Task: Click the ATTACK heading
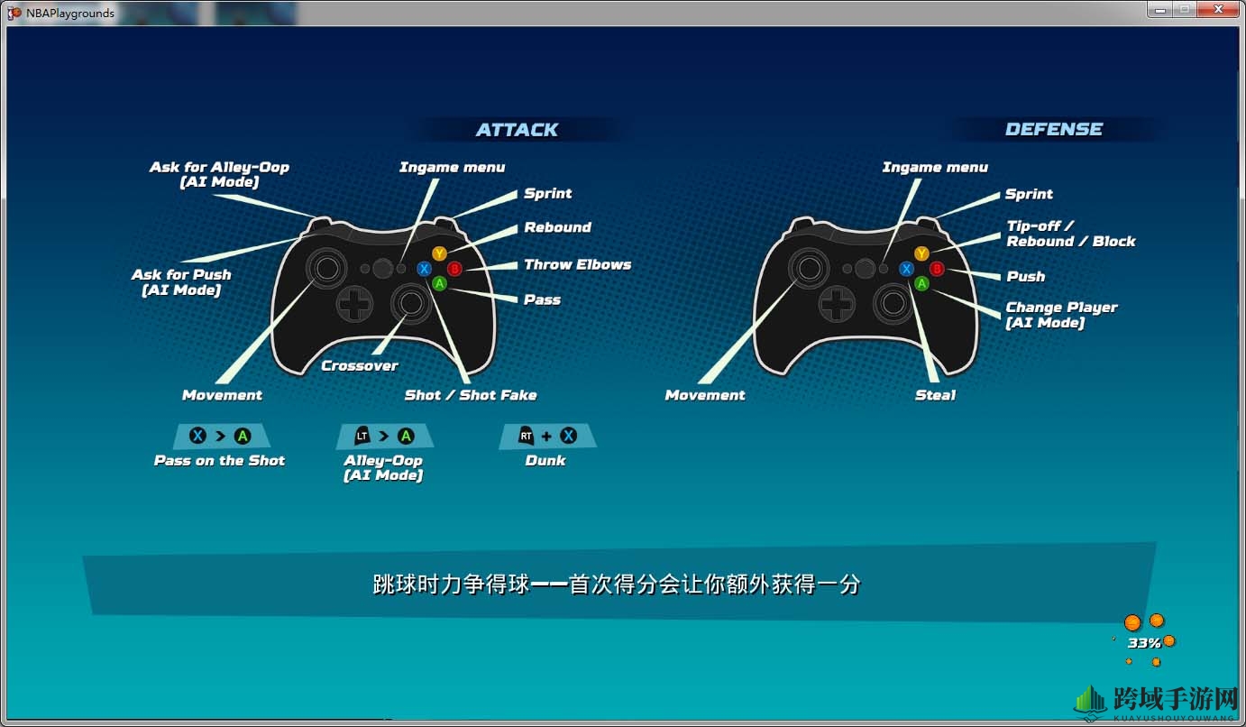pos(517,130)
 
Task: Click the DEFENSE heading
pos(1054,129)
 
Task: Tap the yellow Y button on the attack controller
pos(439,253)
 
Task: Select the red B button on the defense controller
pos(937,269)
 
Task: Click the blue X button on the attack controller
pos(425,269)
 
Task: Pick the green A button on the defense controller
pos(921,284)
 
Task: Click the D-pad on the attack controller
pos(354,304)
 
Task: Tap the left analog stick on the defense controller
pos(809,268)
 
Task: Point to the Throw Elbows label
pos(577,264)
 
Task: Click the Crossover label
pos(360,365)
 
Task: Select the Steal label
pos(935,395)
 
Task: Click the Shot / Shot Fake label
pos(471,395)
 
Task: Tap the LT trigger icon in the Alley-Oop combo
pos(362,436)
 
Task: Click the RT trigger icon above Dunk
pos(526,436)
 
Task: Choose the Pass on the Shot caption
pos(219,460)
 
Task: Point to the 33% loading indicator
pos(1144,643)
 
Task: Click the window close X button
pos(1218,9)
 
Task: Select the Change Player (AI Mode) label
pos(1061,315)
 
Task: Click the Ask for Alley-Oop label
pos(219,174)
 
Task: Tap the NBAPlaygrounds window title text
pos(70,13)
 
